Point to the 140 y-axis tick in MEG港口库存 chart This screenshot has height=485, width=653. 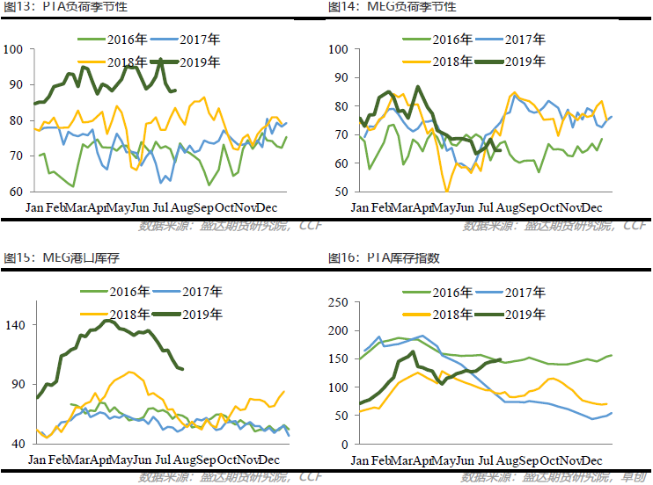pyautogui.click(x=17, y=325)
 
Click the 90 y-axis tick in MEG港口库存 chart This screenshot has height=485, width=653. pyautogui.click(x=20, y=385)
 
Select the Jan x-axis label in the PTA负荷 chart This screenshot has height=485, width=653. pyautogui.click(x=38, y=208)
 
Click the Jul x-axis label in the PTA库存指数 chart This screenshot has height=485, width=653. pyautogui.click(x=486, y=460)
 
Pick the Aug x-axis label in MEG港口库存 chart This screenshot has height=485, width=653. pyautogui.click(x=186, y=460)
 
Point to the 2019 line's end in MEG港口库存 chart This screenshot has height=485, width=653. pyautogui.click(x=181, y=369)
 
